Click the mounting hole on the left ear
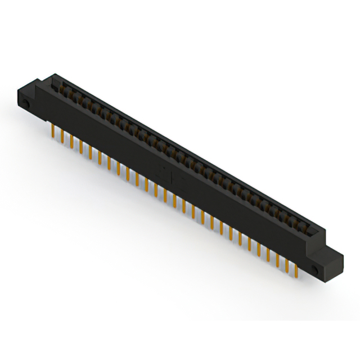coord(26,105)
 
